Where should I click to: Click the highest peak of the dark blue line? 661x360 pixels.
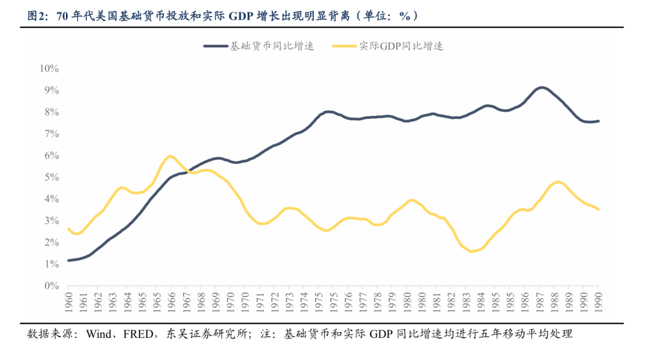pyautogui.click(x=542, y=88)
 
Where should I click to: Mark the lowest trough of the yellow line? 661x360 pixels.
pyautogui.click(x=471, y=252)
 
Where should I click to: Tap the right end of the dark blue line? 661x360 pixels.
pyautogui.click(x=599, y=121)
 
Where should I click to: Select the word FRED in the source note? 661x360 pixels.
pyautogui.click(x=140, y=334)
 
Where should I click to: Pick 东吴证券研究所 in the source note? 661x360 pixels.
pyautogui.click(x=206, y=334)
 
